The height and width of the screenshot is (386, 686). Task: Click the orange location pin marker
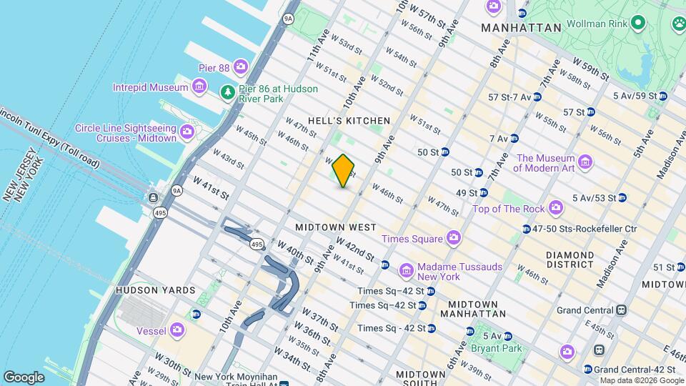[344, 171]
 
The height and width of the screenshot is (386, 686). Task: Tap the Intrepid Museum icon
[200, 88]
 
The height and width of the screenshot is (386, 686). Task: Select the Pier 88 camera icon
[240, 67]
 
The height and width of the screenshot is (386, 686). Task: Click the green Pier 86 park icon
[228, 92]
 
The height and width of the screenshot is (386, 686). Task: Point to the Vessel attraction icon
[177, 330]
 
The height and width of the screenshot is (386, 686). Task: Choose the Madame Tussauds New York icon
[407, 271]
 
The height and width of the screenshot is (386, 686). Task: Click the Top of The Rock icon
[556, 208]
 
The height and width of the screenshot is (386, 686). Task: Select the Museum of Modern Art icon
[585, 162]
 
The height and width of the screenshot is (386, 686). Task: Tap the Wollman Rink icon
[640, 24]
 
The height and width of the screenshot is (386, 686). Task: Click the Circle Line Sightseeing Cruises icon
[187, 132]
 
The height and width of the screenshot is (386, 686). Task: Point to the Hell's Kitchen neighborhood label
[349, 121]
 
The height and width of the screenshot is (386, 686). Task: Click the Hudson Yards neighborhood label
[155, 290]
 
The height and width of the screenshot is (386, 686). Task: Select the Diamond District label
[570, 259]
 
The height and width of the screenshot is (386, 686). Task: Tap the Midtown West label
[336, 227]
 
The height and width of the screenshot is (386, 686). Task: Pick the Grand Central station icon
[622, 310]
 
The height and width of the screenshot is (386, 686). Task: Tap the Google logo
[24, 377]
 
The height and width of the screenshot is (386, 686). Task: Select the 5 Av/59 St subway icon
[662, 96]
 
